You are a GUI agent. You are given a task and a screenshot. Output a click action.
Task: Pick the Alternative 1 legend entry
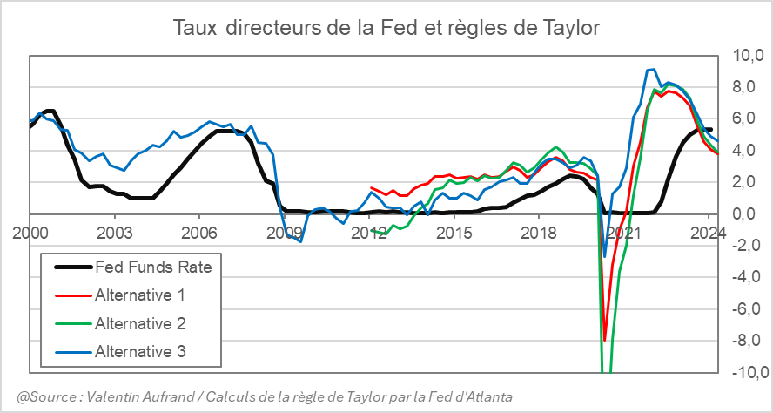[x=139, y=295]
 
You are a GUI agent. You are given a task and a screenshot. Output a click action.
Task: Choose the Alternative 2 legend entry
[x=139, y=323]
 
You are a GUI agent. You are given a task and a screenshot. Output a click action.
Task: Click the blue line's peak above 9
[x=651, y=69]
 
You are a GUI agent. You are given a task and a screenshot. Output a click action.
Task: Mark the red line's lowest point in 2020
[x=604, y=340]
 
